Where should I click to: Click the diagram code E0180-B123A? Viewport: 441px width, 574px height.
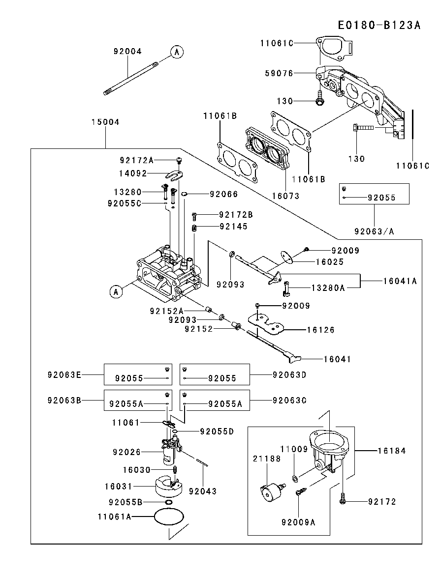point(379,26)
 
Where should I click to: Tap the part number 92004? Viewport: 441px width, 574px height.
point(127,51)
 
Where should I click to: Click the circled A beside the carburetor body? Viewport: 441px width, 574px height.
point(116,292)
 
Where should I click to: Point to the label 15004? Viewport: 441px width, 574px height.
point(105,122)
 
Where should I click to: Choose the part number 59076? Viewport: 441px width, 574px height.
point(279,73)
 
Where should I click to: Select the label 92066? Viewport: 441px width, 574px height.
point(223,194)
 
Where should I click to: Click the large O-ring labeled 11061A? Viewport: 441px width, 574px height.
point(169,517)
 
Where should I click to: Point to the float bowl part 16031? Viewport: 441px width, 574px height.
point(165,487)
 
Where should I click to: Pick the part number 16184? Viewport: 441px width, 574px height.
point(392,450)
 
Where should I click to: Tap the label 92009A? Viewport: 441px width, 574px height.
point(298,522)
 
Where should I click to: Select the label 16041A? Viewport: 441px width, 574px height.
point(400,281)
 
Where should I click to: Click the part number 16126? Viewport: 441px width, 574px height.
point(320,330)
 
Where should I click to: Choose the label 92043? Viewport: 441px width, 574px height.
point(202,491)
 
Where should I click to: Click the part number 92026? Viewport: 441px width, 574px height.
point(126,452)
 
